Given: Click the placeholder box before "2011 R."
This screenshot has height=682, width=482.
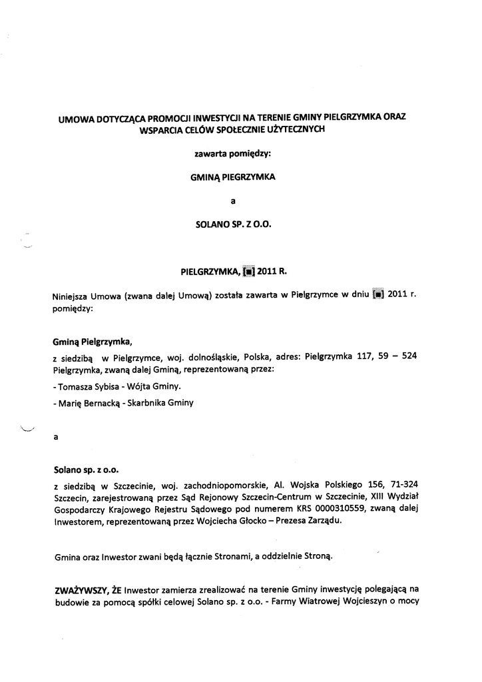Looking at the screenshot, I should [248, 272].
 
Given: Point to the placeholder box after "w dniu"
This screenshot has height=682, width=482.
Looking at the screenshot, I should [377, 296].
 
